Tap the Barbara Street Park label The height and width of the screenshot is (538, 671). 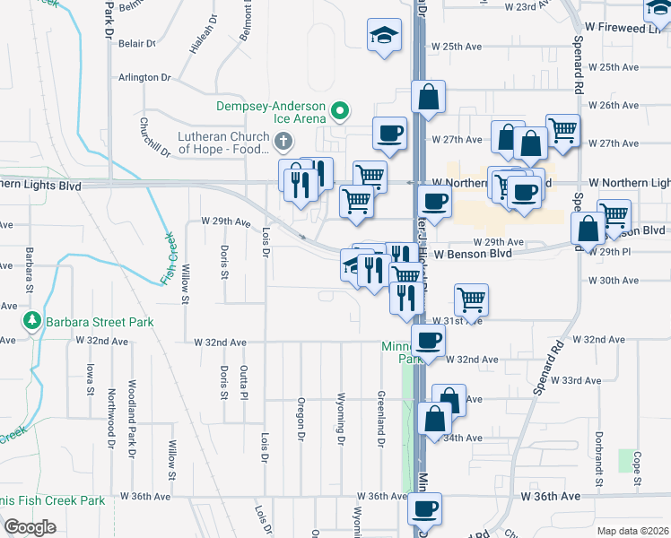(x=100, y=322)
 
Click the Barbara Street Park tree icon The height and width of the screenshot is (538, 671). (x=32, y=321)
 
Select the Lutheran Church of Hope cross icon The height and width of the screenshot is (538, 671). (x=283, y=141)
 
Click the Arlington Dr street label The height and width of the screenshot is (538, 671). (x=144, y=78)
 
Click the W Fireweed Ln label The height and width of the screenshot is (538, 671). (x=629, y=29)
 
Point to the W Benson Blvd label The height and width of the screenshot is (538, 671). (x=473, y=254)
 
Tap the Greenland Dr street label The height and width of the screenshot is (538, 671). (x=381, y=417)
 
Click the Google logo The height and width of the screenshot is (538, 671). (x=30, y=527)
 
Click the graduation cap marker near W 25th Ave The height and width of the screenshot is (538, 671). (x=383, y=37)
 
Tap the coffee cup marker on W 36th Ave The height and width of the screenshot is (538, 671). (x=423, y=509)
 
